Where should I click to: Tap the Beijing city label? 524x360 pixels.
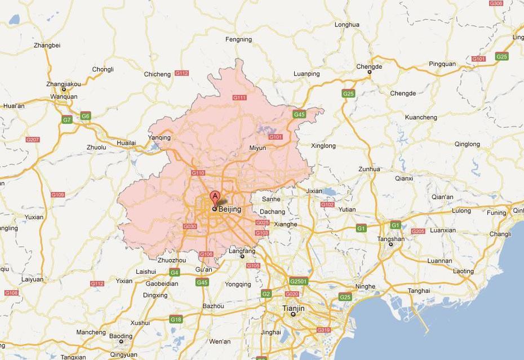pos(229,210)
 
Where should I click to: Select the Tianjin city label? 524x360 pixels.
pos(293,309)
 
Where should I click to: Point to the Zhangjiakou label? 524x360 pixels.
pos(64,84)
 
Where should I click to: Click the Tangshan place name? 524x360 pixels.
pos(391,239)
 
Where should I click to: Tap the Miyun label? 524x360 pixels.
pos(257,148)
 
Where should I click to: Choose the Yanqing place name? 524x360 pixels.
pos(159,137)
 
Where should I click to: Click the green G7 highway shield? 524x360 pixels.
pos(67,119)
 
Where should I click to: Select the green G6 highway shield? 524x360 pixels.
pos(85,116)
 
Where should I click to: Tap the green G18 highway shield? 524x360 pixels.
pos(176,319)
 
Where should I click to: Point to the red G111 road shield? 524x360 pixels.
pos(239,97)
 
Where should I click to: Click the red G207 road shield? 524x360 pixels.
pos(32,139)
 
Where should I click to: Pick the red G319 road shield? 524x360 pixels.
pos(323,330)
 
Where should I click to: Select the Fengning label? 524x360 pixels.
pos(238,39)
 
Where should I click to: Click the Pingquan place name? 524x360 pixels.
pos(442,64)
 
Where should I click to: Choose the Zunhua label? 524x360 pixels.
pos(369,169)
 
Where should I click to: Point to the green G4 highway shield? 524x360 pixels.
pos(175,272)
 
